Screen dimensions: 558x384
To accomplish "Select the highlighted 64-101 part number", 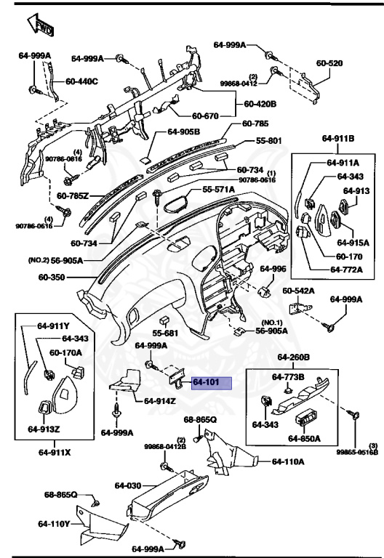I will tap(210, 383).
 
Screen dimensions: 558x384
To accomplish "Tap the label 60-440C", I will tap(81, 81).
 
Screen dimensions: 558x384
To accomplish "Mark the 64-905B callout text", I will tap(183, 132).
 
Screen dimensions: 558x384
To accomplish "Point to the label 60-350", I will tap(52, 277).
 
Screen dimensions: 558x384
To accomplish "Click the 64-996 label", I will tap(274, 269).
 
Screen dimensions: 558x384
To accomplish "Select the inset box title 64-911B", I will tap(338, 137).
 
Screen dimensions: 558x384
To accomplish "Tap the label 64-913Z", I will tap(44, 429).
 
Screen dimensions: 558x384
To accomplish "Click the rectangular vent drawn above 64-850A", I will tap(304, 419).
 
